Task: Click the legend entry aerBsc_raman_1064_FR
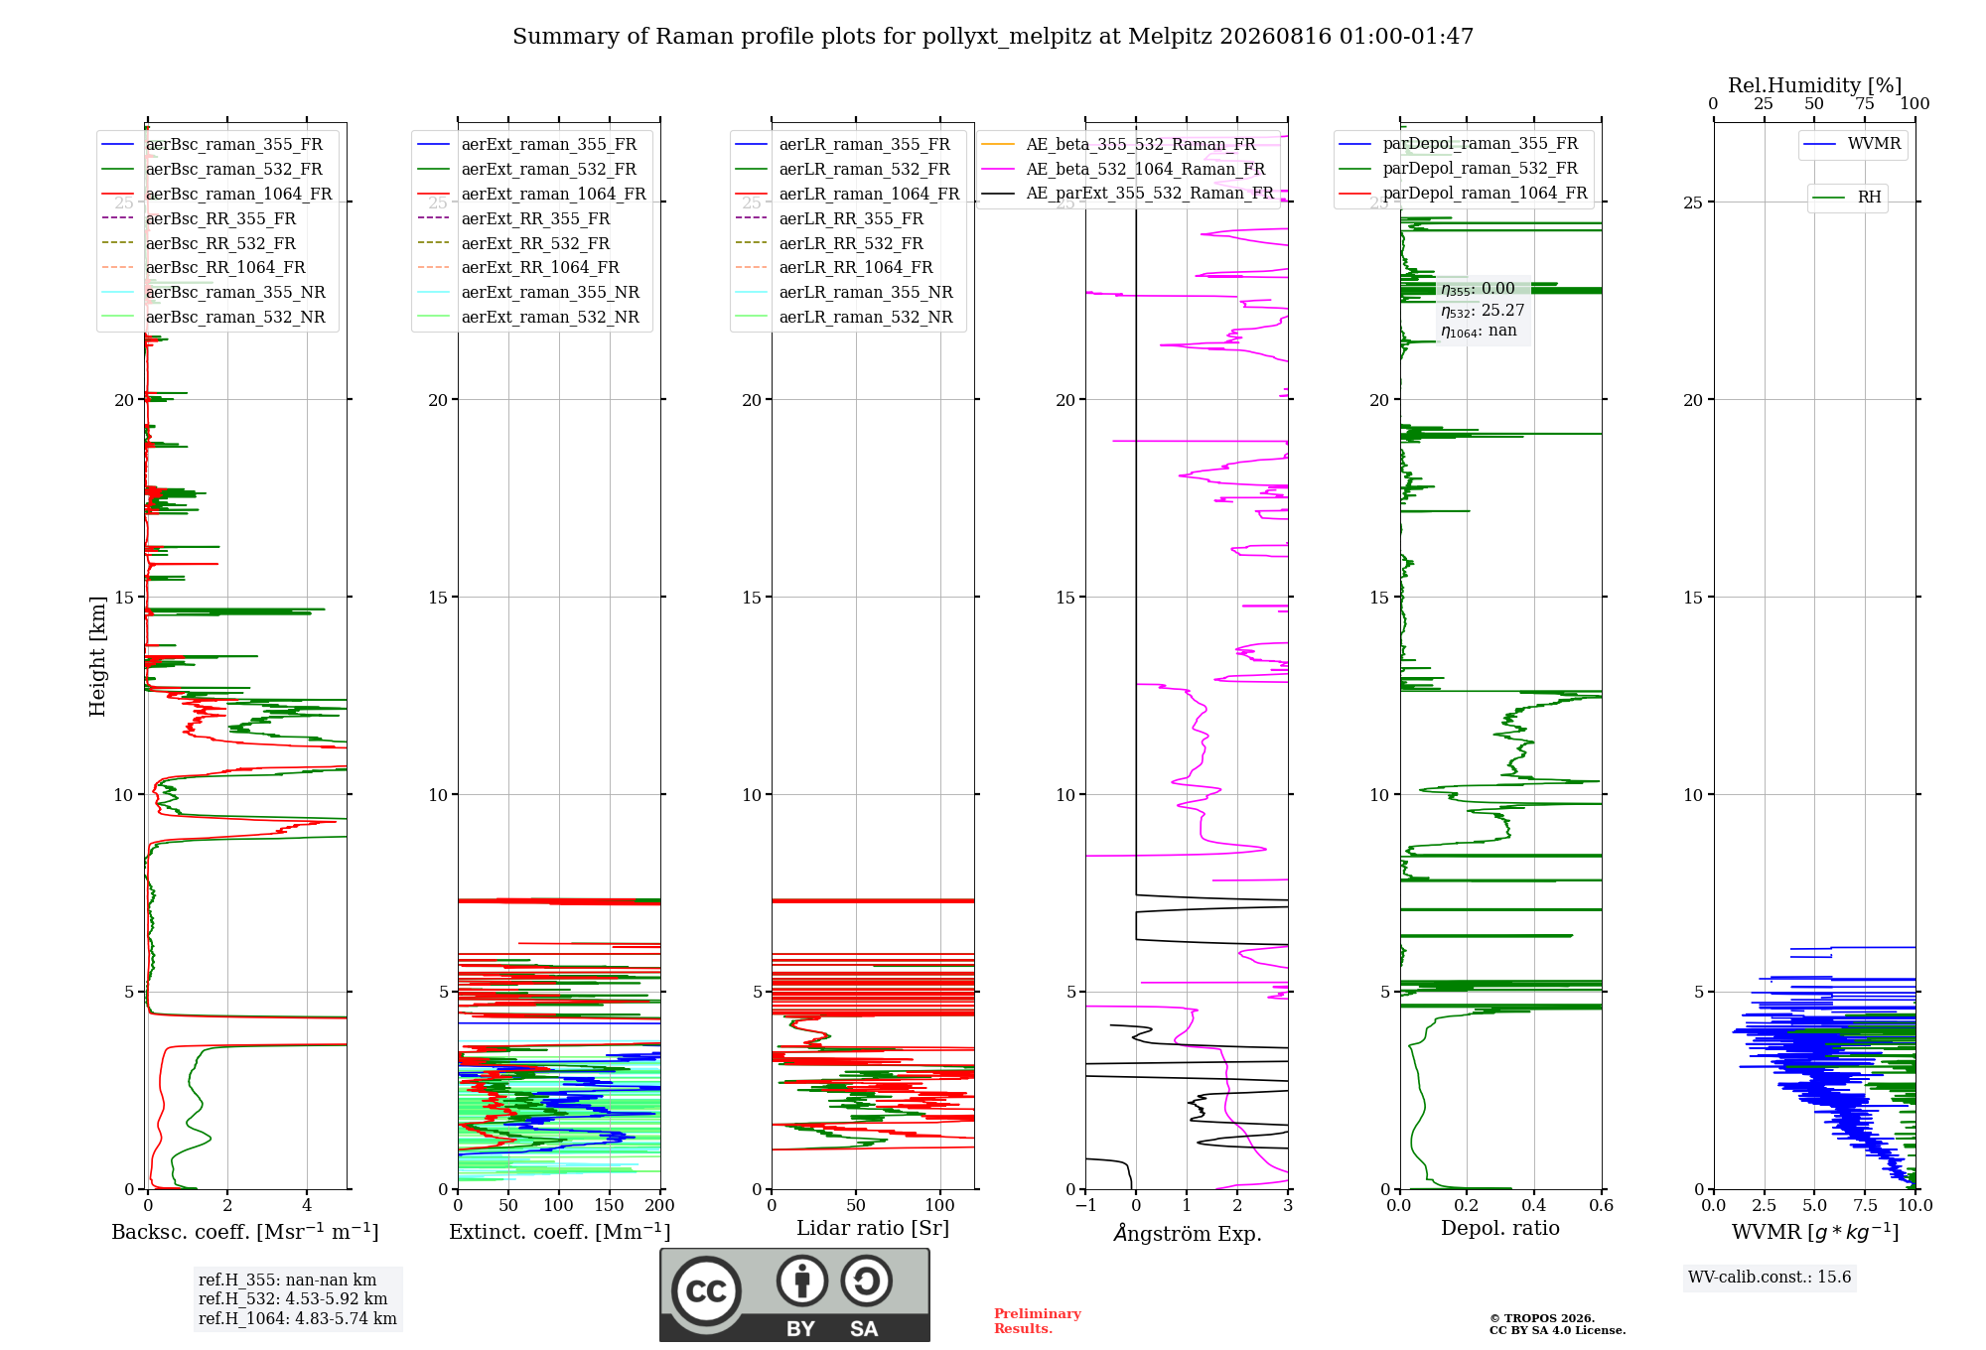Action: (x=216, y=195)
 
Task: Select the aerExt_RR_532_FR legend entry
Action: (x=513, y=243)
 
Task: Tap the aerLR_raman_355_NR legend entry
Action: (x=844, y=293)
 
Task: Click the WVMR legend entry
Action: (x=1853, y=144)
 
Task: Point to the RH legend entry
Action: (x=1847, y=198)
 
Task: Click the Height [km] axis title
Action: (x=97, y=656)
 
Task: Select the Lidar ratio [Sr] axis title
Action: (x=873, y=1229)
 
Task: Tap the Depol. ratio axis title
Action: (x=1500, y=1229)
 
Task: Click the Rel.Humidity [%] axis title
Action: (x=1815, y=85)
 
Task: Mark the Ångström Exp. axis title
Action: (x=1188, y=1233)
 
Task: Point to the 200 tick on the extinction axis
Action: (x=660, y=1206)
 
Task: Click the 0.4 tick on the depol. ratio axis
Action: (x=1534, y=1206)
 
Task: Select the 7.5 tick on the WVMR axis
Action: (x=1865, y=1206)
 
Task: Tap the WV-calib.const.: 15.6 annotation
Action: (x=1770, y=1278)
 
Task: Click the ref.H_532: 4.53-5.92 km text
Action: (x=293, y=1298)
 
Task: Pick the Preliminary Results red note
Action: (x=1038, y=1321)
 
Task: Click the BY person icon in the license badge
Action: (x=801, y=1282)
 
